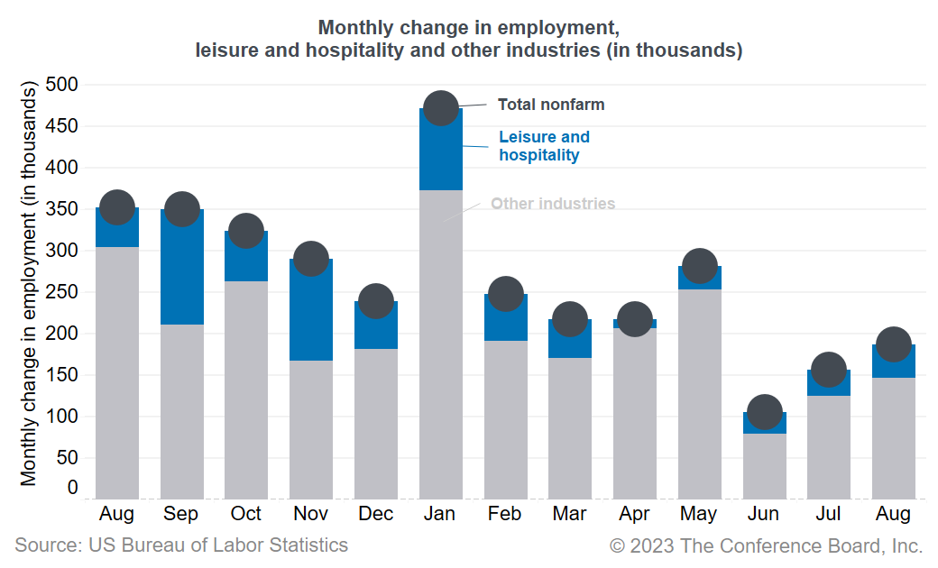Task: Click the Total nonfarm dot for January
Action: coord(441,108)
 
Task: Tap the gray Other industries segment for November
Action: coord(311,429)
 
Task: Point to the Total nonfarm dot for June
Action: coord(765,412)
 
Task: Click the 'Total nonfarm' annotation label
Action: coord(551,105)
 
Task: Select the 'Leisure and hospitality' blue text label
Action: coord(544,146)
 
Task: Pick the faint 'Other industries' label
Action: coord(552,204)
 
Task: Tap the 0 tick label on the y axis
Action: coord(72,488)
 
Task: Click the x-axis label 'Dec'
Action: coord(375,514)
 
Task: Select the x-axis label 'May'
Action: coord(699,514)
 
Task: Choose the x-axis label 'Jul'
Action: coord(828,514)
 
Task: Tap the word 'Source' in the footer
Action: coord(45,545)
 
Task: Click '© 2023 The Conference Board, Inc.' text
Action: coord(766,545)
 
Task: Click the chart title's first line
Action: coord(469,27)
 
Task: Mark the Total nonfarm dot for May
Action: coord(700,266)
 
